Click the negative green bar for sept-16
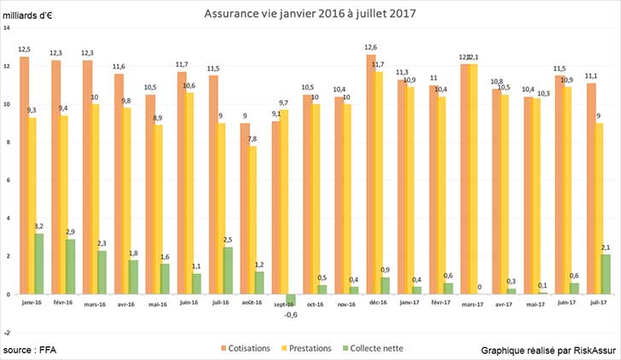tap(291, 299)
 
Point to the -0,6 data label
tap(290, 313)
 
